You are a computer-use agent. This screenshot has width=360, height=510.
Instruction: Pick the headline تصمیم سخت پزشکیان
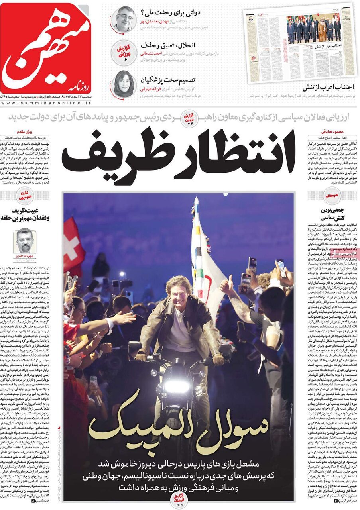169,81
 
